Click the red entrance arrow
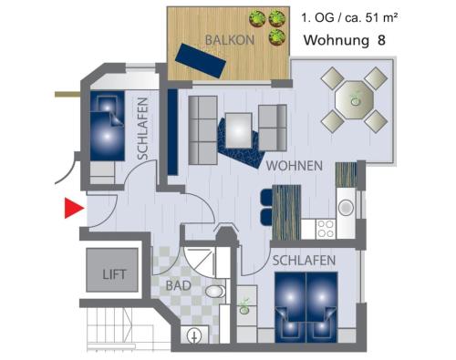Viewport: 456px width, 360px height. pyautogui.click(x=73, y=208)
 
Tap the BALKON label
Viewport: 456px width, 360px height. pyautogui.click(x=230, y=40)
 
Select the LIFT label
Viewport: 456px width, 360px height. pyautogui.click(x=114, y=274)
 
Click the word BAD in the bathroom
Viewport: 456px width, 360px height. pyautogui.click(x=179, y=285)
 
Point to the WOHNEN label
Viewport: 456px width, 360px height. pyautogui.click(x=295, y=166)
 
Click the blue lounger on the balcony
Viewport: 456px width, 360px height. pyautogui.click(x=201, y=61)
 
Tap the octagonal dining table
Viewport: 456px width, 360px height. pyautogui.click(x=354, y=100)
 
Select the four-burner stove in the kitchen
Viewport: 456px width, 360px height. pyautogui.click(x=326, y=229)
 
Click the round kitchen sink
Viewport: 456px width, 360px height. pyautogui.click(x=346, y=208)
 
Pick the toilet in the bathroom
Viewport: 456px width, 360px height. pyautogui.click(x=215, y=292)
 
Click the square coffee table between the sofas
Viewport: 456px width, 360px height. pyautogui.click(x=239, y=130)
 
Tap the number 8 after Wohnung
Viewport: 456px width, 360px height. pyautogui.click(x=381, y=40)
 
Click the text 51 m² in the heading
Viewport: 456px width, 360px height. pyautogui.click(x=381, y=18)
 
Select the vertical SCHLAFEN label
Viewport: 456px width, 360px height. pyautogui.click(x=142, y=129)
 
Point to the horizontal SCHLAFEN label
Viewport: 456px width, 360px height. pyautogui.click(x=304, y=261)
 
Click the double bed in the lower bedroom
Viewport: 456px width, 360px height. pyautogui.click(x=306, y=307)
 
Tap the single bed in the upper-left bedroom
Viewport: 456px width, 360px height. pyautogui.click(x=108, y=126)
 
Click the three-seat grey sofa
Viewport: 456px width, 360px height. pyautogui.click(x=202, y=130)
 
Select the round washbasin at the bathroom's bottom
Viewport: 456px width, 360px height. pyautogui.click(x=194, y=336)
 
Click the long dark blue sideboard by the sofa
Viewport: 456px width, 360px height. pyautogui.click(x=172, y=132)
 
